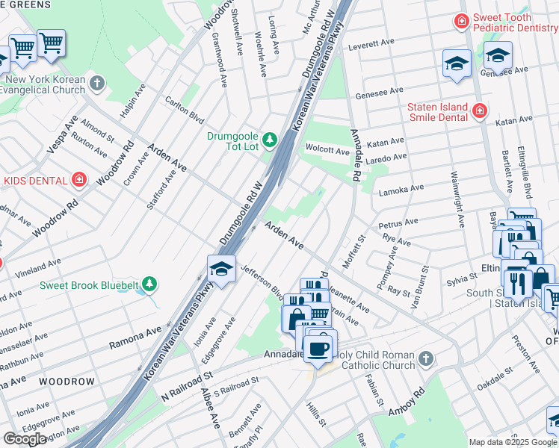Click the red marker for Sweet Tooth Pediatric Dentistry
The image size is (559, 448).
click(x=462, y=22)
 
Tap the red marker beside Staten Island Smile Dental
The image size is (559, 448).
click(x=479, y=112)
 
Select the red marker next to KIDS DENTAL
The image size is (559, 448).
click(x=78, y=180)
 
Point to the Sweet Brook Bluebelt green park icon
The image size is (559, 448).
click(x=150, y=284)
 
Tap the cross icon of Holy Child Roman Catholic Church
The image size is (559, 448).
click(x=425, y=359)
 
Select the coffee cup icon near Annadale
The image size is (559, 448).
click(x=319, y=347)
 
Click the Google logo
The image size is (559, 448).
click(x=25, y=439)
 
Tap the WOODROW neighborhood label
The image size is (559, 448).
click(x=67, y=382)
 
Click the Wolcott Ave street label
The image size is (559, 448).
click(x=327, y=152)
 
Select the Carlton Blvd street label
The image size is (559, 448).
click(x=184, y=109)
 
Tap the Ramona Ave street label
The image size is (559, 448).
click(x=135, y=337)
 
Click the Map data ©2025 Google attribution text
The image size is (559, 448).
click(x=513, y=442)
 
